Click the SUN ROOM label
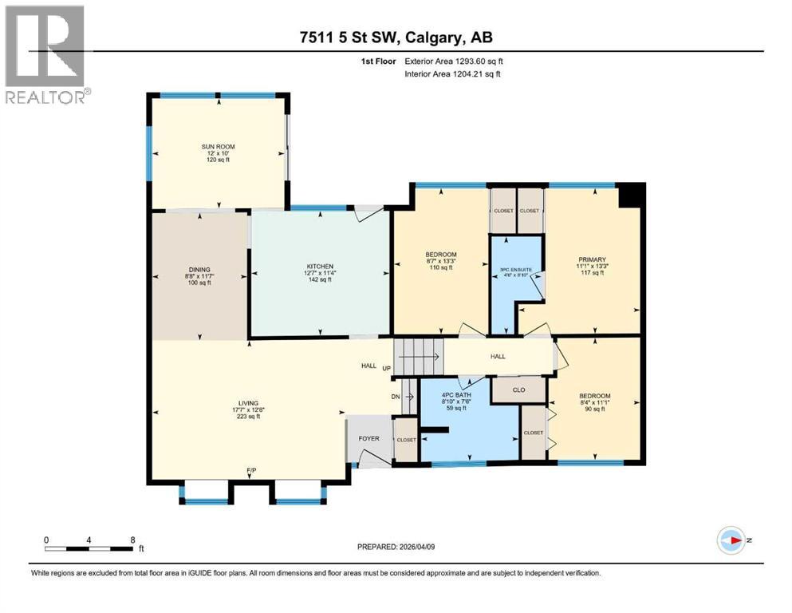pos(218,147)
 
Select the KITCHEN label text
pos(321,266)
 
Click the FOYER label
pos(368,437)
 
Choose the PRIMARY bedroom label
pos(593,259)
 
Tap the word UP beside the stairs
pos(386,369)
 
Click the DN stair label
pos(395,397)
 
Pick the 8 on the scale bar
pos(132,540)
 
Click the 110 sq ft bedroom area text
pos(440,267)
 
